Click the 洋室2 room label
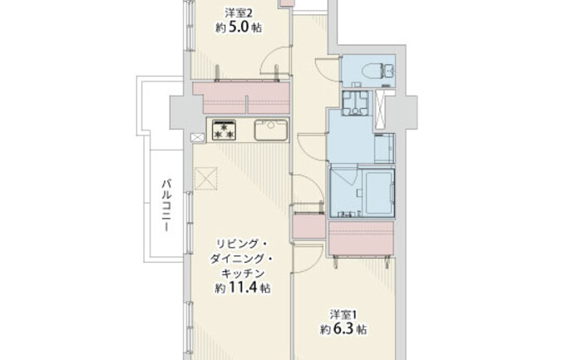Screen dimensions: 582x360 point(239,13)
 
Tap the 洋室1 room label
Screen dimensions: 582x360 point(343,315)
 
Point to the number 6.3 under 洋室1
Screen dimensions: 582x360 point(343,329)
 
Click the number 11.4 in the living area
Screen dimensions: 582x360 point(242,288)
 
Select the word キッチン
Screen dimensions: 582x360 point(243,274)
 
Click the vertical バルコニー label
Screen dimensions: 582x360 point(166,205)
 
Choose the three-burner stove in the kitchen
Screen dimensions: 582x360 point(224,131)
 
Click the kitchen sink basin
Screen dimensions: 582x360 point(271,130)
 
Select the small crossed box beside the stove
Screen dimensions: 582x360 point(198,137)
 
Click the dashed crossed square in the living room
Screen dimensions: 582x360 point(205,179)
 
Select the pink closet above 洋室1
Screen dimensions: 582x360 point(361,239)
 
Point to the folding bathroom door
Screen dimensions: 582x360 point(344,175)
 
